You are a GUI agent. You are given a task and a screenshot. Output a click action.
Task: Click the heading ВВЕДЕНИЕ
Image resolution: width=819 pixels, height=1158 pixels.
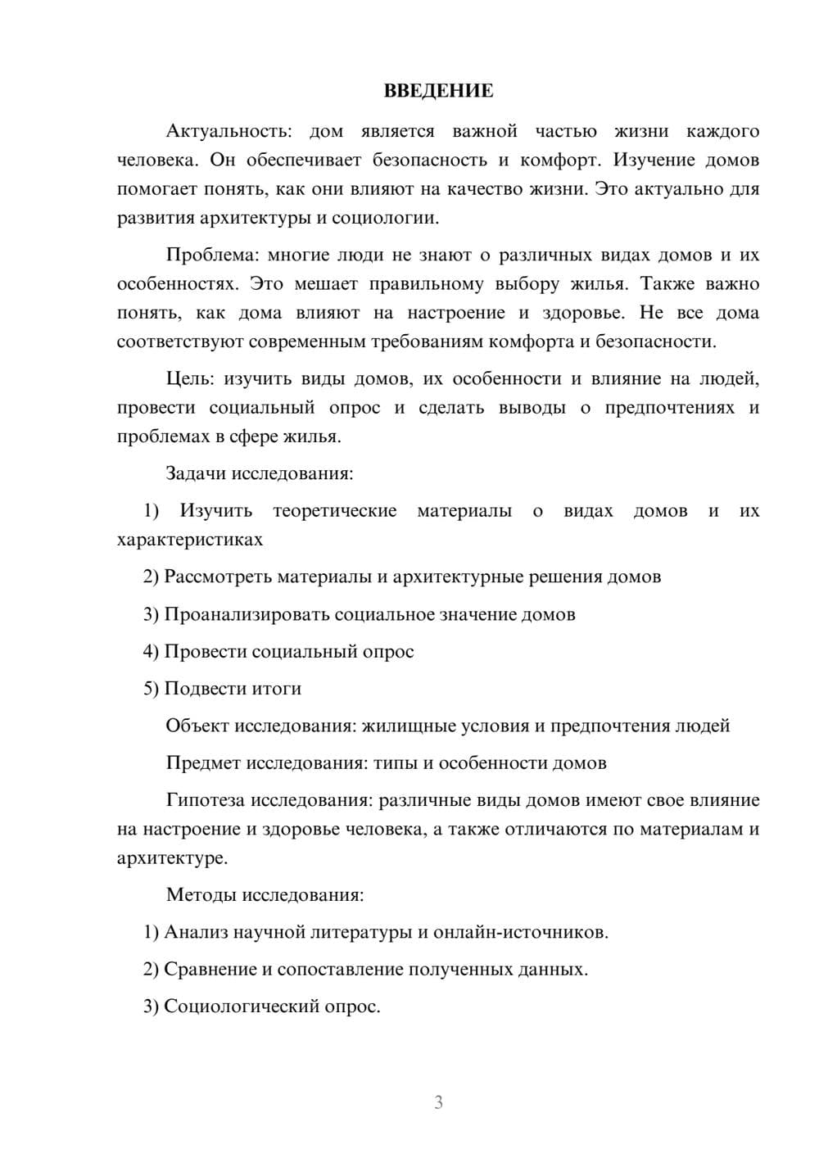[x=438, y=91]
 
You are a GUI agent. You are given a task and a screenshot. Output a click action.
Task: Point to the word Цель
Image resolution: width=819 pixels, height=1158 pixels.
[x=190, y=378]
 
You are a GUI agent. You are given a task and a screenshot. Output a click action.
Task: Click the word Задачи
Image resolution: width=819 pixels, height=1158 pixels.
[x=197, y=473]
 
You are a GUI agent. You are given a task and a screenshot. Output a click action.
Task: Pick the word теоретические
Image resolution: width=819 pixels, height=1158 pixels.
[x=334, y=511]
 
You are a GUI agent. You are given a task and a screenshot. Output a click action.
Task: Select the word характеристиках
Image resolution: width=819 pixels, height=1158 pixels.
[x=190, y=540]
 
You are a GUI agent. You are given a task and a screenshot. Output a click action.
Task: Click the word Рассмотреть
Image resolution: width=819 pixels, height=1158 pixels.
[x=218, y=577]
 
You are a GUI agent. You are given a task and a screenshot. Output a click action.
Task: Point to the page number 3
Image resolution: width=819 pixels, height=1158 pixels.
[x=438, y=1102]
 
